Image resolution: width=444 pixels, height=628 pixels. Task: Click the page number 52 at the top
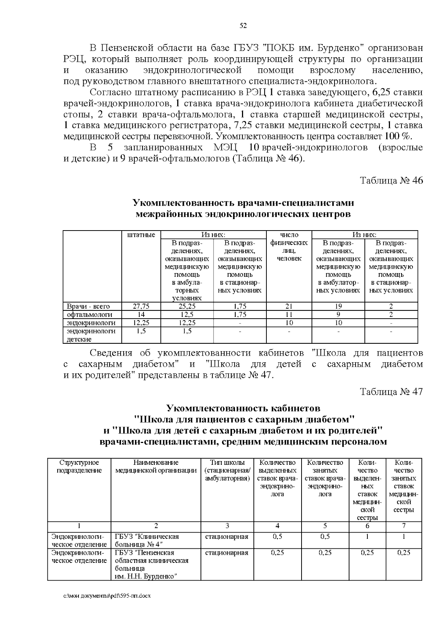pyautogui.click(x=243, y=26)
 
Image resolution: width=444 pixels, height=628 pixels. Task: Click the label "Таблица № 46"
pyautogui.click(x=391, y=181)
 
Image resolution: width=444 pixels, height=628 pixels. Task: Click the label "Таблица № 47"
pyautogui.click(x=391, y=392)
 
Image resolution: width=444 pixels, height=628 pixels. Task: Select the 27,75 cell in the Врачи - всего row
pyautogui.click(x=141, y=306)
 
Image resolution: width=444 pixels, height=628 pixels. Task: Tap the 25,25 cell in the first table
pyautogui.click(x=187, y=306)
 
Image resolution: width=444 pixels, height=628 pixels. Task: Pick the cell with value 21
pyautogui.click(x=289, y=306)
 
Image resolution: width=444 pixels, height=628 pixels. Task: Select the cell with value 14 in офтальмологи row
pyautogui.click(x=141, y=315)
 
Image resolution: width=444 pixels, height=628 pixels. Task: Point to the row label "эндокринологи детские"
pyautogui.click(x=91, y=335)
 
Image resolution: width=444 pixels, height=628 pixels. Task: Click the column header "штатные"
pyautogui.click(x=141, y=235)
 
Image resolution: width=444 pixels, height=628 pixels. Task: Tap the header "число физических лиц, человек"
pyautogui.click(x=289, y=246)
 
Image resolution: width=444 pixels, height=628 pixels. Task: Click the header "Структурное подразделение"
pyautogui.click(x=79, y=466)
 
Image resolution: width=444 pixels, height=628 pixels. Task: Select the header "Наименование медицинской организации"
pyautogui.click(x=156, y=466)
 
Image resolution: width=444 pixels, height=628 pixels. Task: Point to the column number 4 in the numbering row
pyautogui.click(x=277, y=525)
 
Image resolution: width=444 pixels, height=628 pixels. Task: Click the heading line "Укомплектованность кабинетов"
pyautogui.click(x=243, y=408)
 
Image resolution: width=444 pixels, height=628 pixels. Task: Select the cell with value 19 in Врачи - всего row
pyautogui.click(x=338, y=306)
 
